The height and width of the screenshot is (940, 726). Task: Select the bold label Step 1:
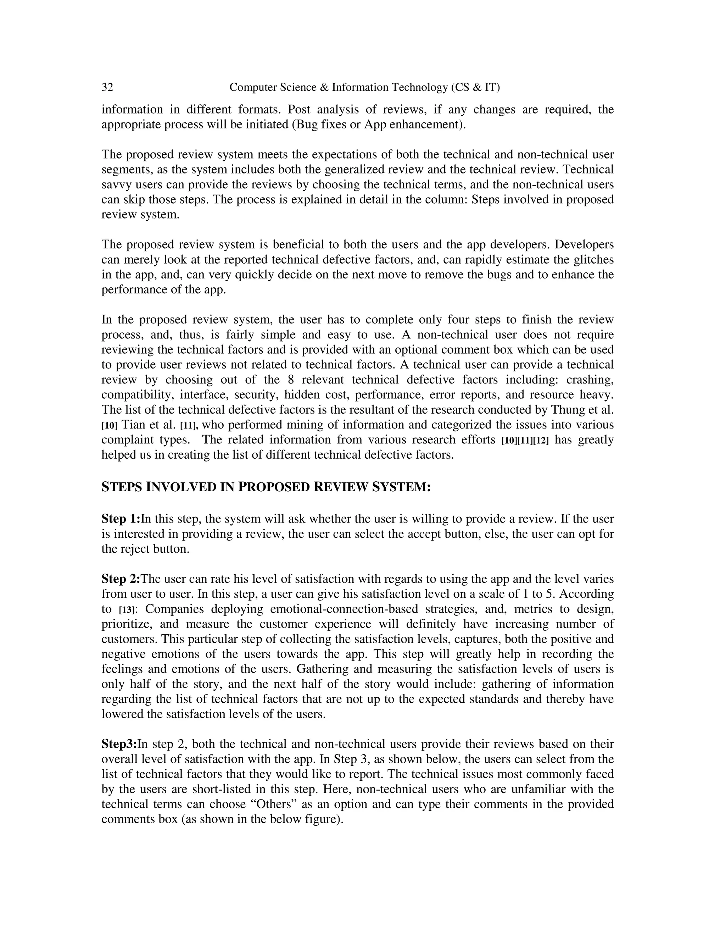point(121,519)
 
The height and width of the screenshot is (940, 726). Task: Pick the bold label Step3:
point(119,744)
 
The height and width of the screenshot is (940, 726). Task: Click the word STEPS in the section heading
point(122,487)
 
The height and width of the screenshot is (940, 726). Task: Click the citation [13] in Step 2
point(127,610)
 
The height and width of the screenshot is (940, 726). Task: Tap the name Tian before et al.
point(133,425)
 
